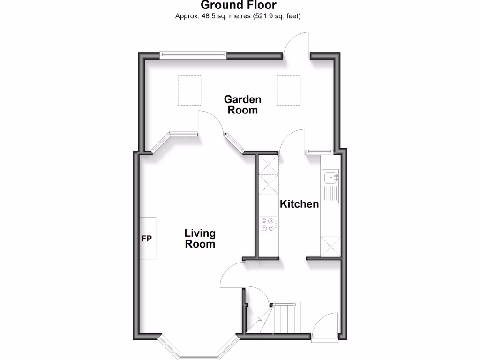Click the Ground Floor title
239,6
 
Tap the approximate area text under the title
238,16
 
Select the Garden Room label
242,105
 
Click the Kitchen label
300,204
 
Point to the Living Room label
200,239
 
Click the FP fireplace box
148,238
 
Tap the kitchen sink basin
330,177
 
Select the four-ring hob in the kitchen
269,224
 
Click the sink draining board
331,195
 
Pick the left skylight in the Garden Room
189,90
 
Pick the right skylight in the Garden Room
288,90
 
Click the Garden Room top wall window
193,55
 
